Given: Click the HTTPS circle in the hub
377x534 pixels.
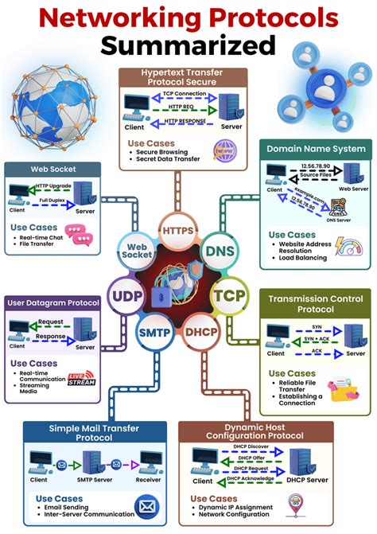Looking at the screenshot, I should pos(177,231).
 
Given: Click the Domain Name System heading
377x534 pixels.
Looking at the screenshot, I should pos(316,149).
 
